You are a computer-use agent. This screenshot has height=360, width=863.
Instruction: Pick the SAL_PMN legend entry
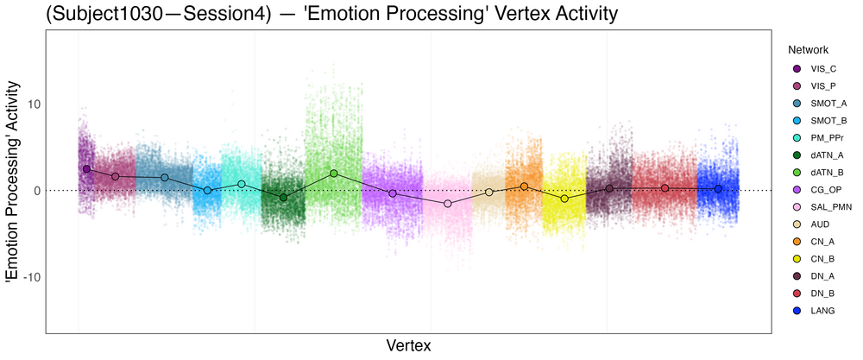815,207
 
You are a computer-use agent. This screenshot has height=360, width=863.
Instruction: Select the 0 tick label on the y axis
34,190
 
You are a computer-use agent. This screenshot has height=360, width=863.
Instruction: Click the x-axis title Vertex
407,345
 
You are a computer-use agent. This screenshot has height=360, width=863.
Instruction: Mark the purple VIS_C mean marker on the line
86,169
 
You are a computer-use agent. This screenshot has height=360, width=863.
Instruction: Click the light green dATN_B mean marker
333,174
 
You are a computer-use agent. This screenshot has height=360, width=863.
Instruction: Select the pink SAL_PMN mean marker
447,204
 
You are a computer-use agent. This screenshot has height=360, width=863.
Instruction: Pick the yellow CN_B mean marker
564,199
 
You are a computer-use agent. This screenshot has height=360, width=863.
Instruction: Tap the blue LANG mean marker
718,188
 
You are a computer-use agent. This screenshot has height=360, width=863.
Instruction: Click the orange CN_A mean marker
524,186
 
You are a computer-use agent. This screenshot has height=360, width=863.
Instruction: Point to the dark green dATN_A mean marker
283,198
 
